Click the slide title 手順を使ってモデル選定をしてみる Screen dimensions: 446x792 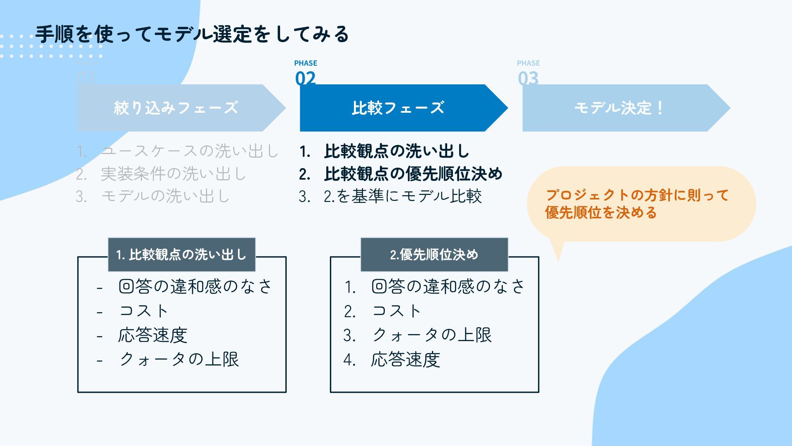coord(192,34)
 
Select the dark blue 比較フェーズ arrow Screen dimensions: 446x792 coord(398,108)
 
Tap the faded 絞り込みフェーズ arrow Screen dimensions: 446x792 coord(176,108)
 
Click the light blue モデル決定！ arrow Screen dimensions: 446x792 coord(619,108)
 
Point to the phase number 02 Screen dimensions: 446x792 coord(305,78)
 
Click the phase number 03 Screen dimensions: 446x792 coord(528,78)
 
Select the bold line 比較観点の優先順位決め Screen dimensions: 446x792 coord(413,174)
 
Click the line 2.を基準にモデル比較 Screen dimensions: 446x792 coord(403,196)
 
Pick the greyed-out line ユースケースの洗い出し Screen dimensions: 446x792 coord(190,151)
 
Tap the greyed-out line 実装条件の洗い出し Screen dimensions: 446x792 coord(173,174)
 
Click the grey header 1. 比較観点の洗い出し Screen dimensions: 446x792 coord(181,254)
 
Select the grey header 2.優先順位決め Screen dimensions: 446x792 coord(434,254)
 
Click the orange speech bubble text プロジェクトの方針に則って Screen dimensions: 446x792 coord(637,195)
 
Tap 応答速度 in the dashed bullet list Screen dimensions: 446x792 coord(153,335)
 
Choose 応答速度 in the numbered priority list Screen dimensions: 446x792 coord(405,360)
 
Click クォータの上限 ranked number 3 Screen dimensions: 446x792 coord(431,335)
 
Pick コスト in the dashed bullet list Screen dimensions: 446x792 coord(144,311)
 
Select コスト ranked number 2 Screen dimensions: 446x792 coord(396,311)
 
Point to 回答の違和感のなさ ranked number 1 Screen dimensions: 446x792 coord(448,286)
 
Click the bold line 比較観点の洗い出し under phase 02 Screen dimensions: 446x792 coord(397,151)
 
